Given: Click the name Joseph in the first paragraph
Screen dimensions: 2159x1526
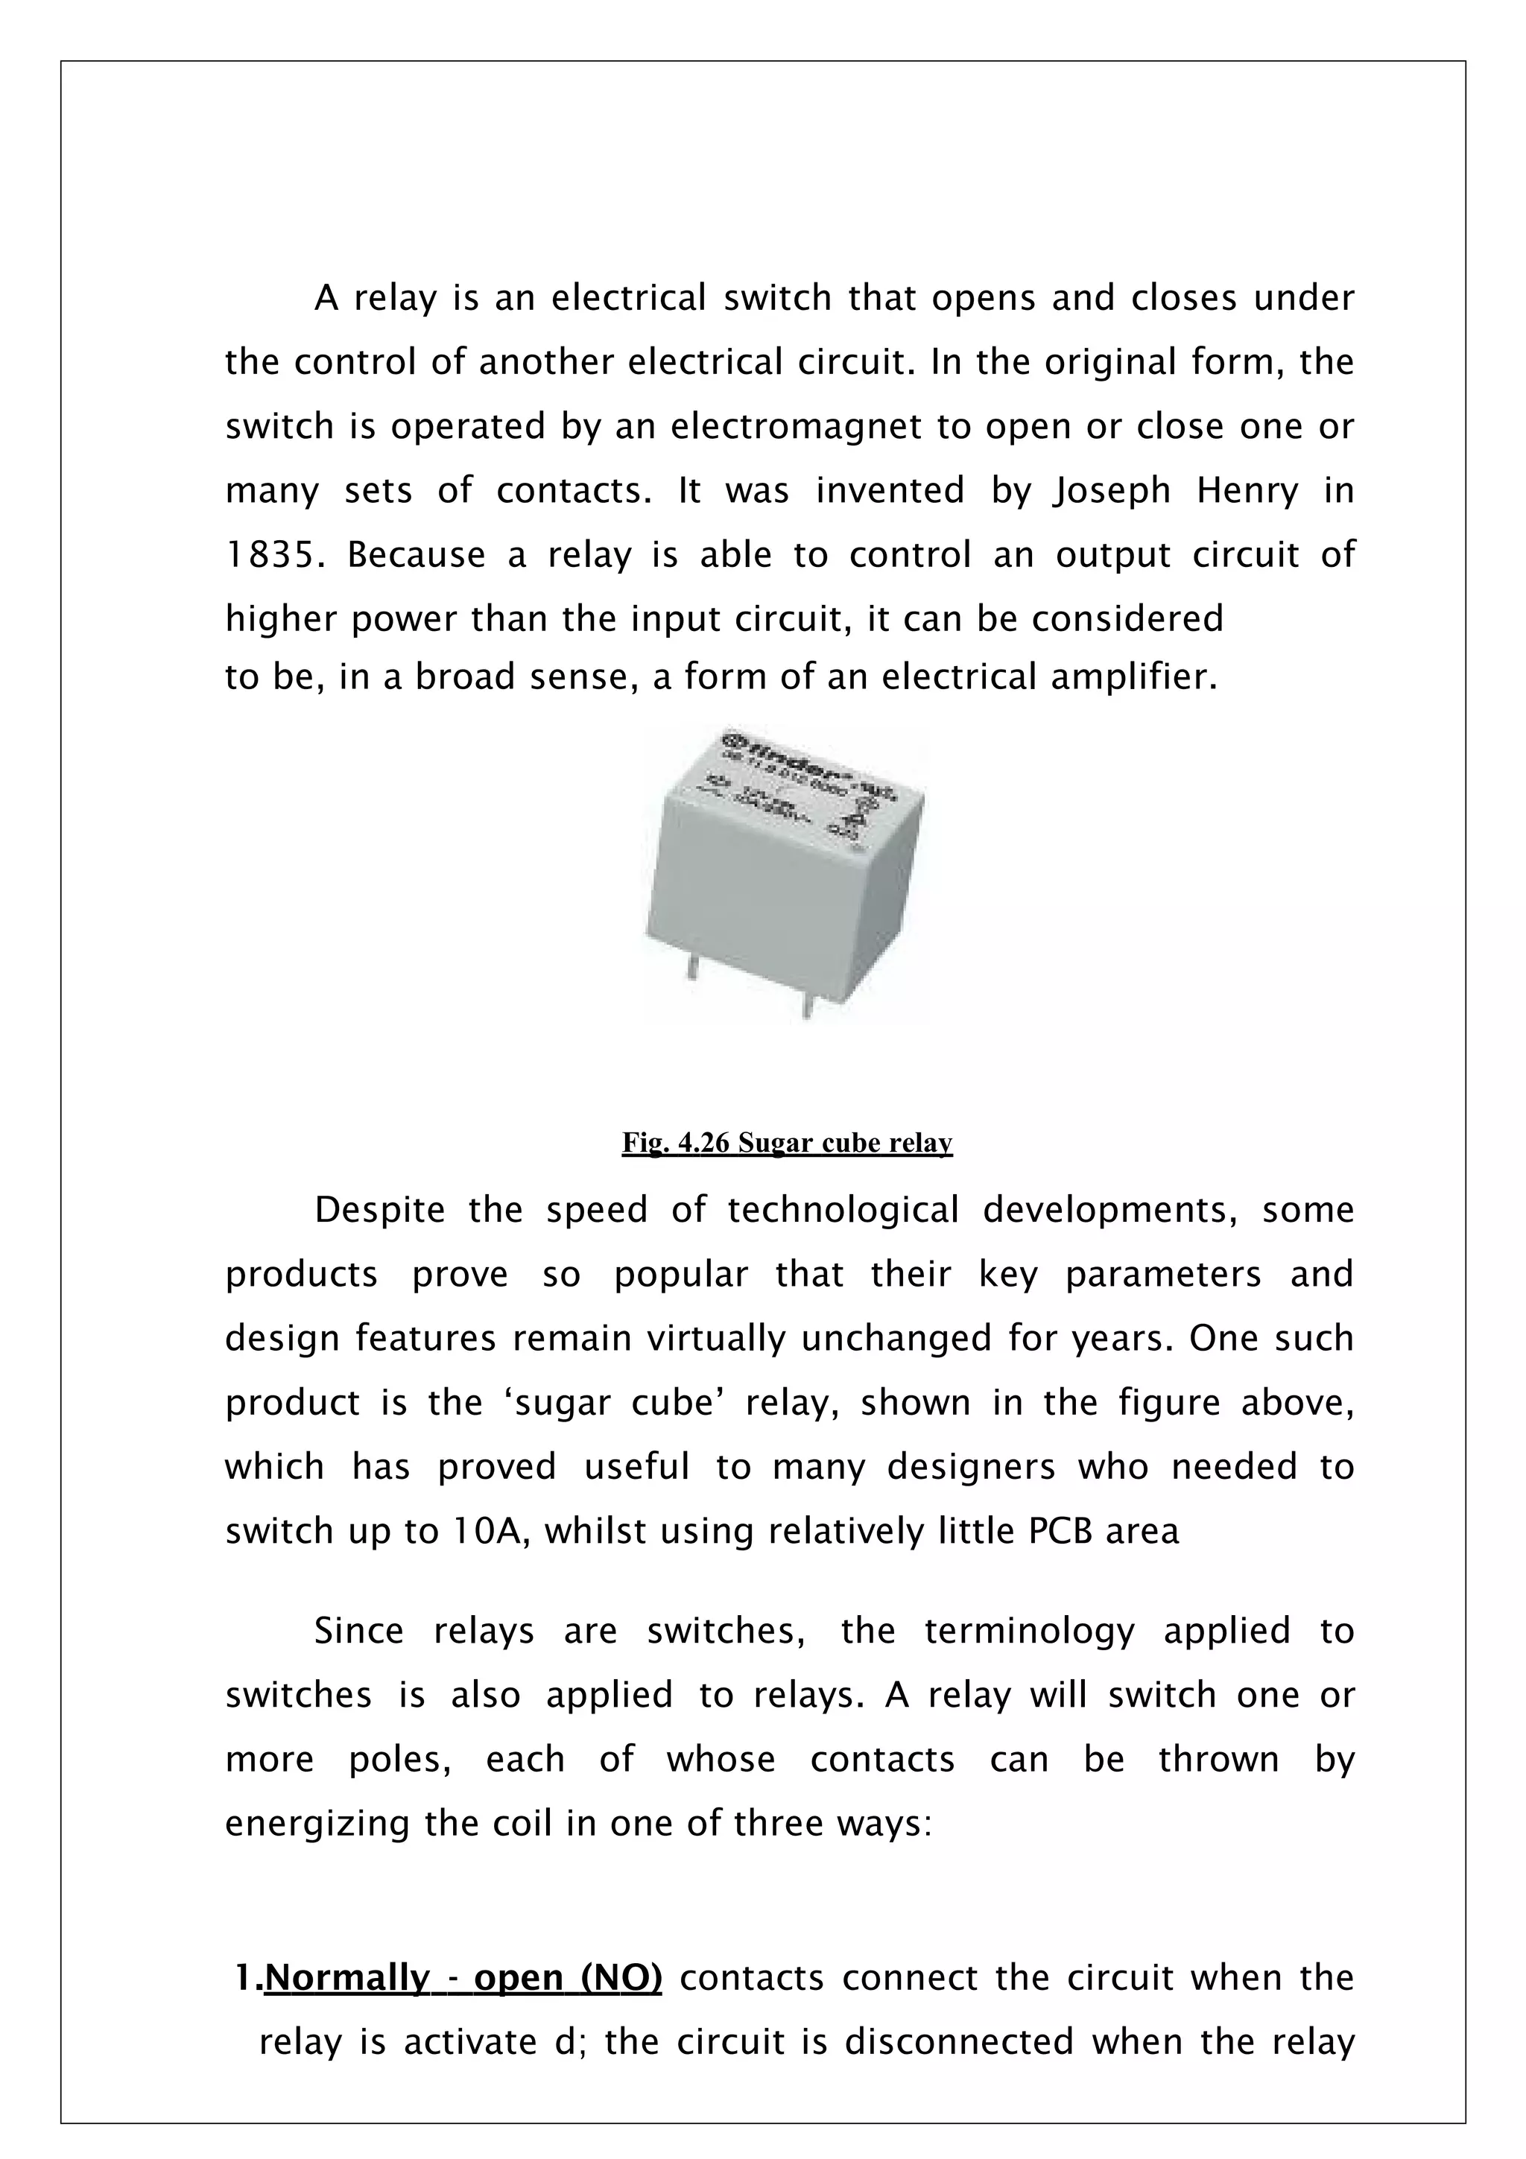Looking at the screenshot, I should point(1112,492).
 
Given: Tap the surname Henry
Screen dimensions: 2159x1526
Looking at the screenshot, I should point(1247,491).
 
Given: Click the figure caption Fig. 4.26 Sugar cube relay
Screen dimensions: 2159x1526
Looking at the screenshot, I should point(787,1144).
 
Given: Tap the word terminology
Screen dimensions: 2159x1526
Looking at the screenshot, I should point(1030,1632).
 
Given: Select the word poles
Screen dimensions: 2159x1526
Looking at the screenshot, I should point(399,1760).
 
